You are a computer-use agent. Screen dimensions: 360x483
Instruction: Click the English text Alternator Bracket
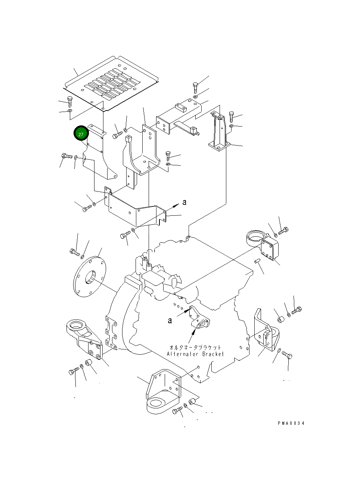195,354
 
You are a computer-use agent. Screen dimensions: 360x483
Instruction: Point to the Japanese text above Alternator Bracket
195,347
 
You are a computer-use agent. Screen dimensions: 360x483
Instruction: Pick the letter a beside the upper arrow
184,202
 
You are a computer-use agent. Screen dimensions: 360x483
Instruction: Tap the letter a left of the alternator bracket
170,320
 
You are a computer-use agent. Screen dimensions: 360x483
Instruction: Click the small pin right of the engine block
257,261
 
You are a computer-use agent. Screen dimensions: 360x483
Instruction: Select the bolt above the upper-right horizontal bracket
195,87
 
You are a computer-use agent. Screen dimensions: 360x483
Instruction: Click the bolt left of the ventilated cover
69,102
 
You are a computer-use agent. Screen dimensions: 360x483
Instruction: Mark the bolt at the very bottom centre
178,410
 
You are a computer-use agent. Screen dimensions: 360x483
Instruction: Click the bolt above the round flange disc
75,253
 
